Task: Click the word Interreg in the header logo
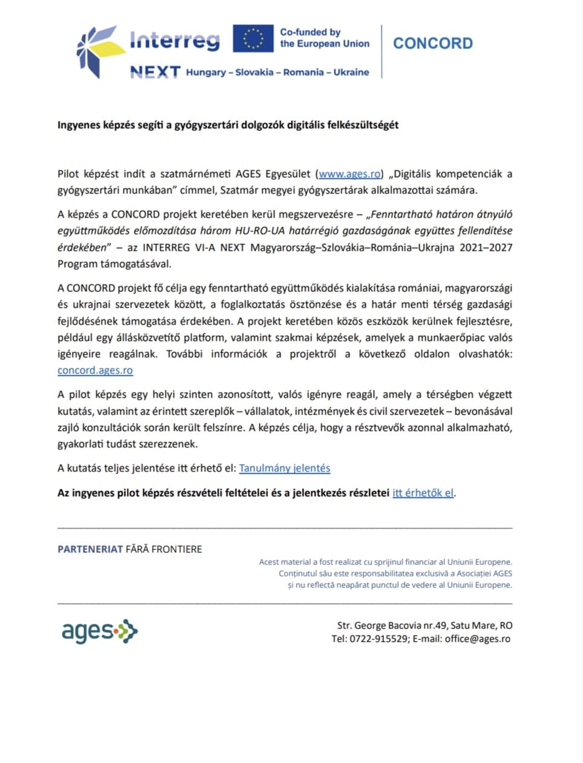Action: [175, 40]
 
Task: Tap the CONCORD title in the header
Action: [432, 43]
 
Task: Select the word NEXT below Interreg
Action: [155, 72]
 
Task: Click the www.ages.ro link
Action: [350, 174]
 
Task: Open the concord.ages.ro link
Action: [95, 370]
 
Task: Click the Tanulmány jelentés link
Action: [284, 468]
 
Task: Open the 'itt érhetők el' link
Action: [423, 493]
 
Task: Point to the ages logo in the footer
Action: [99, 632]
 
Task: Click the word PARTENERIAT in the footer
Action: [90, 549]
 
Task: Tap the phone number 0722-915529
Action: [379, 639]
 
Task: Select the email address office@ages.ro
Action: [477, 639]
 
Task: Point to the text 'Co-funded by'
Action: [310, 32]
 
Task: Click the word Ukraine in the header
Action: [351, 72]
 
